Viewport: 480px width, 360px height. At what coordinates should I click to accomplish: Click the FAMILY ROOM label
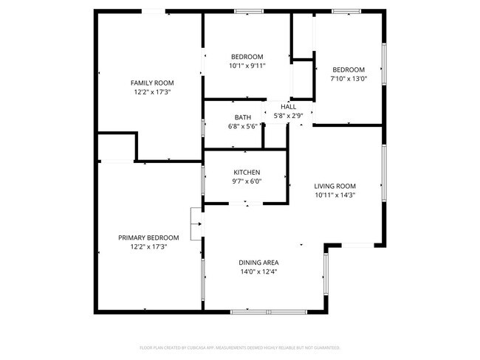152,83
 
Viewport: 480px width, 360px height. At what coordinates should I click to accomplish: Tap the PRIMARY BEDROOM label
148,238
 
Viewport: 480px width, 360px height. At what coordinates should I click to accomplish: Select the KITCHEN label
247,172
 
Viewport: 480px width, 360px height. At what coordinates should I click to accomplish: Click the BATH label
243,117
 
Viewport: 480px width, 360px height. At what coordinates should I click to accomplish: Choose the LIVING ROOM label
335,186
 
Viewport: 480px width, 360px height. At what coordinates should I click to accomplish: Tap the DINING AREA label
258,262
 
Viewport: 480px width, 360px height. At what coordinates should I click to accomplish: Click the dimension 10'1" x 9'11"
247,66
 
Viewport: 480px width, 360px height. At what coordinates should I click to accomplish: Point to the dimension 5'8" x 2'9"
288,115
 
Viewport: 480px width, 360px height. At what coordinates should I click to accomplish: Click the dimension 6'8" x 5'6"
243,126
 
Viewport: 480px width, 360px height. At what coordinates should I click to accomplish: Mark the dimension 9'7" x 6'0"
247,181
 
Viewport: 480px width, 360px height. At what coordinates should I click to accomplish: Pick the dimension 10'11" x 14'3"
335,195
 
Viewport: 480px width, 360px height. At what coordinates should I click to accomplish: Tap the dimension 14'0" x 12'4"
258,271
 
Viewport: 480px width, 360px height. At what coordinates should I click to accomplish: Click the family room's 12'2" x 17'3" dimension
152,92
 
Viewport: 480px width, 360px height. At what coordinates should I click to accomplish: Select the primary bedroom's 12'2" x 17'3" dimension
148,246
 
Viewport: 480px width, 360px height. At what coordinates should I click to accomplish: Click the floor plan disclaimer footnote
240,347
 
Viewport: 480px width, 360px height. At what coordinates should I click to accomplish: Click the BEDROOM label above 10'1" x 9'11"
247,57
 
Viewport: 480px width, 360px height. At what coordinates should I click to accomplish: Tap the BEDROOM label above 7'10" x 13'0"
349,69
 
